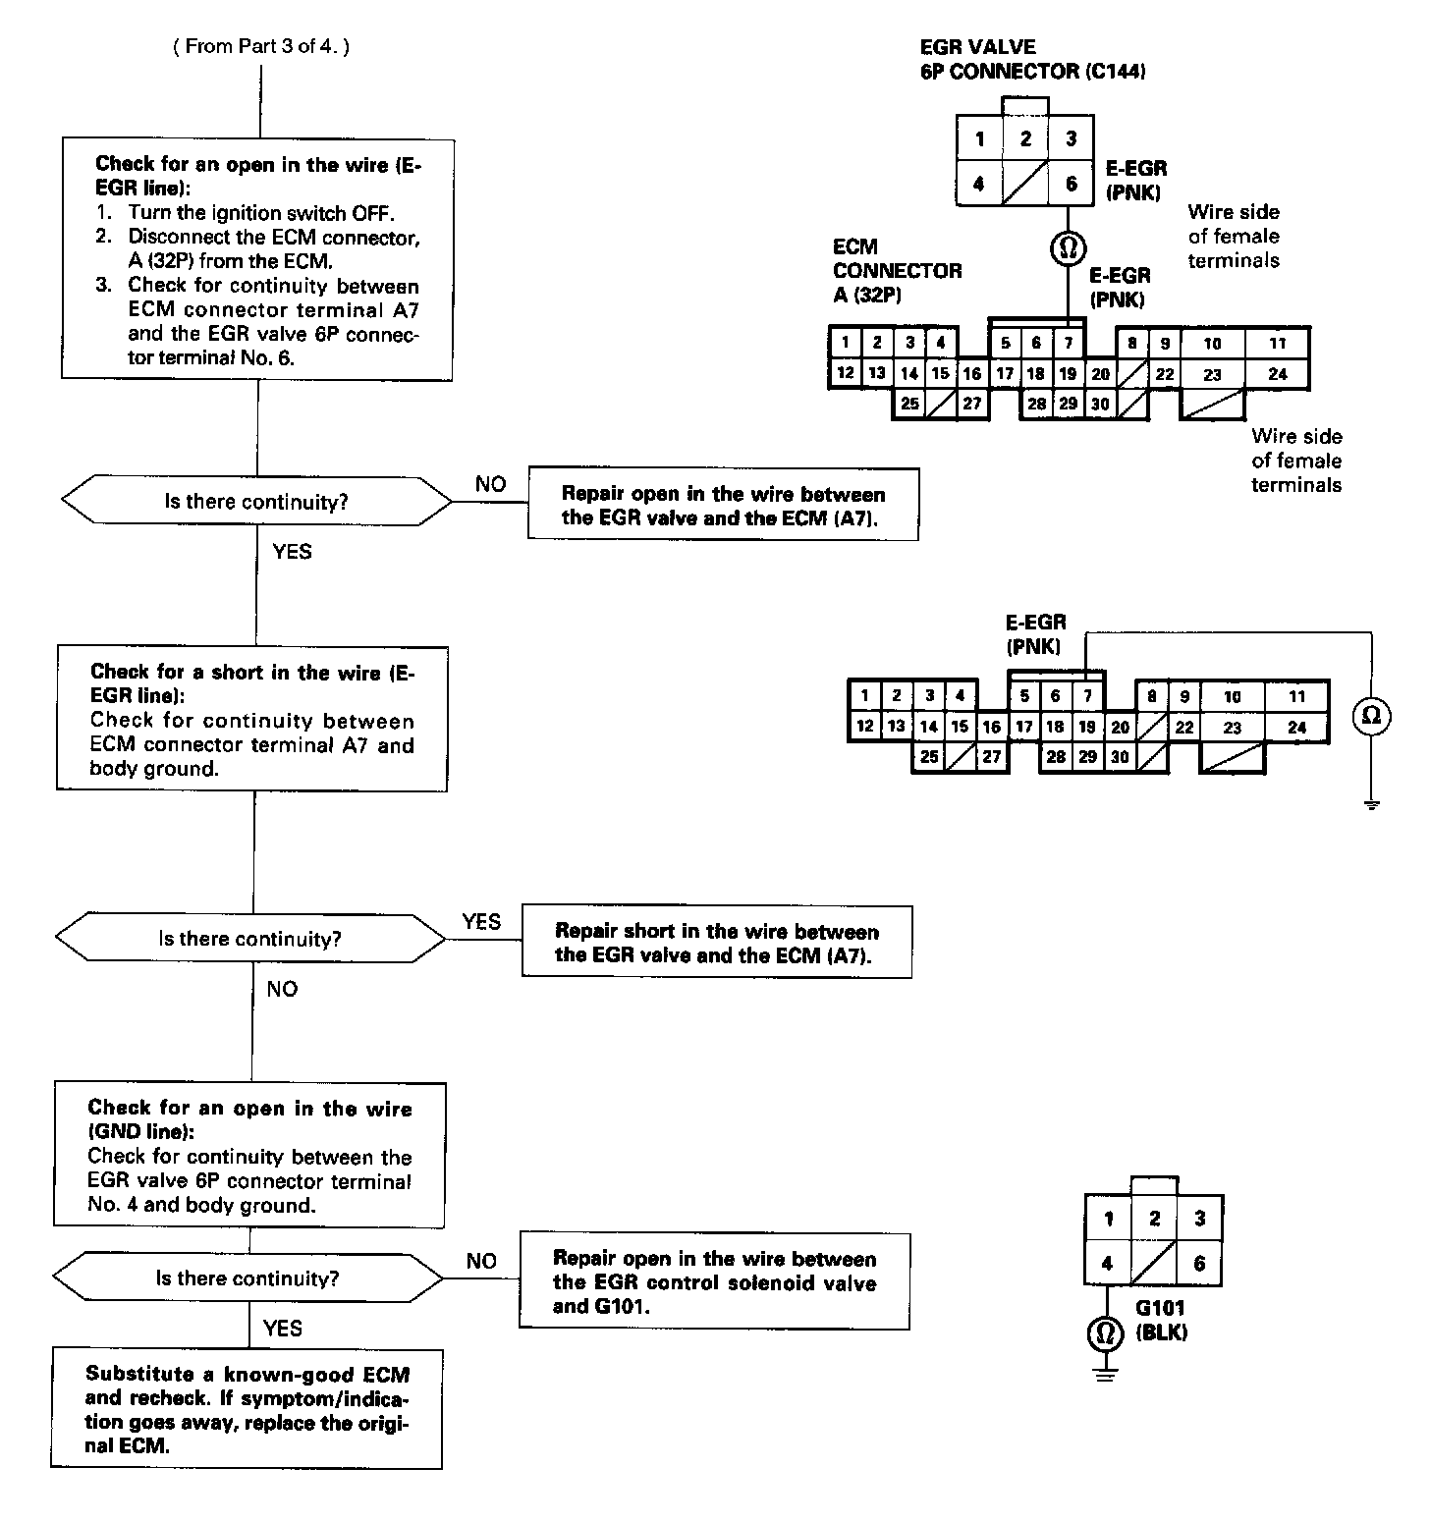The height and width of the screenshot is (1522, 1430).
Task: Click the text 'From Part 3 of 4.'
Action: coord(261,46)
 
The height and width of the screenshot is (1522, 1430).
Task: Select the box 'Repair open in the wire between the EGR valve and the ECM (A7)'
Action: coord(723,505)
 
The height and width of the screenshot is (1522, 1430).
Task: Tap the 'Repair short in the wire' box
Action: coord(716,942)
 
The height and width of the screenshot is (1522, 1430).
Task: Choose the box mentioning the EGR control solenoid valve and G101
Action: coord(714,1281)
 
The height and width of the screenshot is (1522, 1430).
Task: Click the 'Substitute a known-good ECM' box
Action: coord(247,1409)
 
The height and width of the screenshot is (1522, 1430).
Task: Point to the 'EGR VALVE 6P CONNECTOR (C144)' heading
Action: coord(1032,59)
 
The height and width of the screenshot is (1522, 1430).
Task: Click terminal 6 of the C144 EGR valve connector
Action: coord(1072,184)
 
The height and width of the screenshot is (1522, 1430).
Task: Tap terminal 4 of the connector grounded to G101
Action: coord(1107,1264)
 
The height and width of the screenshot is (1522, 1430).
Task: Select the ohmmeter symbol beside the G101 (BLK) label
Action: coord(1106,1333)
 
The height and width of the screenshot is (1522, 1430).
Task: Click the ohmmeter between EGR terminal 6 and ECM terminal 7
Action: coord(1068,249)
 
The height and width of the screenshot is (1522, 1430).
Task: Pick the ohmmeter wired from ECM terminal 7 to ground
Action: coord(1372,716)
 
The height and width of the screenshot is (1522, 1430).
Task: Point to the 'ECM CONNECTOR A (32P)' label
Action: coord(897,270)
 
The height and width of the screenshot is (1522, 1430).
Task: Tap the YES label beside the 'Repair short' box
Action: coord(481,921)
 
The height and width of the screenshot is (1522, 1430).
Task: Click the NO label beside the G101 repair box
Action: coord(481,1261)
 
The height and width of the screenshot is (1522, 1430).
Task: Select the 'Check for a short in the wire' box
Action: coord(252,719)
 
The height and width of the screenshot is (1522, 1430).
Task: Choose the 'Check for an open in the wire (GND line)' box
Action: coord(249,1155)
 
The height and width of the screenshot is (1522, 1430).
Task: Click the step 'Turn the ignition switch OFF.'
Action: coord(265,213)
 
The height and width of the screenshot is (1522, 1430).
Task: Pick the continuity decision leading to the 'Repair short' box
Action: coord(250,939)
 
